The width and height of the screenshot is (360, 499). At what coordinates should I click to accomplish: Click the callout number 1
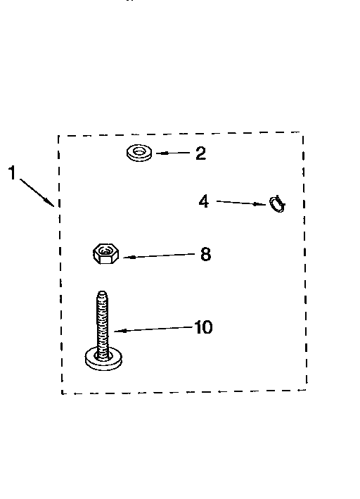click(x=12, y=173)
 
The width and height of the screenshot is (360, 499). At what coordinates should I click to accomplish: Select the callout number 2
click(x=200, y=153)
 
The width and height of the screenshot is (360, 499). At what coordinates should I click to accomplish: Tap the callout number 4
click(x=204, y=201)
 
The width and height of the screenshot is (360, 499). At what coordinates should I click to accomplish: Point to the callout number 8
click(x=206, y=254)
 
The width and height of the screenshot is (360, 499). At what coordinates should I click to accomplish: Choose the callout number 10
click(x=203, y=327)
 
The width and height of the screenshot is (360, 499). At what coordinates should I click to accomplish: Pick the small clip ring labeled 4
click(x=277, y=204)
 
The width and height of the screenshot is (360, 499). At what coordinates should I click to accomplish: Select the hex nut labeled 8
click(x=105, y=253)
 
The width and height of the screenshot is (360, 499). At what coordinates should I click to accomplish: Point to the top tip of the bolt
click(x=102, y=291)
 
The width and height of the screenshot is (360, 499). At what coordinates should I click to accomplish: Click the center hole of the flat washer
click(x=139, y=151)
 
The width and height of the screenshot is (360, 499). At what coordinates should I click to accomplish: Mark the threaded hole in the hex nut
click(x=105, y=251)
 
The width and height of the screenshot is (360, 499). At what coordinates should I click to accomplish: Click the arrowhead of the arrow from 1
click(x=50, y=203)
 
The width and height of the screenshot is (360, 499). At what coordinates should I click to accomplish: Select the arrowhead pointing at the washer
click(x=161, y=153)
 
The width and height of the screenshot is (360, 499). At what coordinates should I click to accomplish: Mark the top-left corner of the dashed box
click(x=58, y=136)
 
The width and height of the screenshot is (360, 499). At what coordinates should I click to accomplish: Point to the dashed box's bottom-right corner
click(x=307, y=390)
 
